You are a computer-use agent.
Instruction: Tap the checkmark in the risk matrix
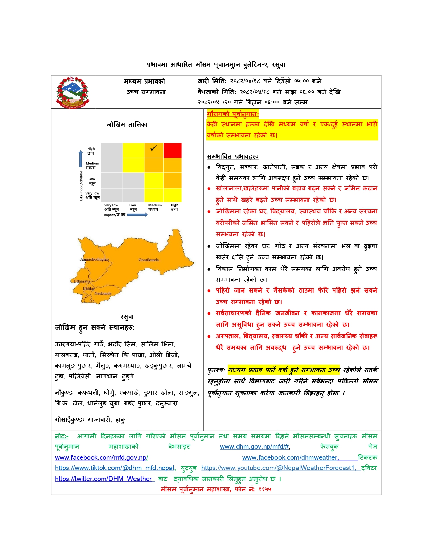pos(153,148)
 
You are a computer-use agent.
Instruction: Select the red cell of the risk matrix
pos(172,150)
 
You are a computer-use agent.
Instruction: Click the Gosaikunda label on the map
pos(148,260)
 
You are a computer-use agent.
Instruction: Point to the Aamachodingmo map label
pos(95,259)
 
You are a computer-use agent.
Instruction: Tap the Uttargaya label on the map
pos(82,281)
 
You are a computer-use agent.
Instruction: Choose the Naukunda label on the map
pos(103,293)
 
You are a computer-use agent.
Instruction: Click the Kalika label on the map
pos(88,289)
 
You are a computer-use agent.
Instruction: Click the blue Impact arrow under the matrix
pos(137,215)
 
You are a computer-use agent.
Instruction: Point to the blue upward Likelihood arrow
pos(80,159)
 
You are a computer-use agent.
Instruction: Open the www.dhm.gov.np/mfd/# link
pos(254,447)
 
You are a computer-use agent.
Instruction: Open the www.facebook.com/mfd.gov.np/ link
pos(101,458)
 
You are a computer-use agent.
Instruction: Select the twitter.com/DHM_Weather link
pos(103,479)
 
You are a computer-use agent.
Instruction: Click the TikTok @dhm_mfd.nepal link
pos(115,468)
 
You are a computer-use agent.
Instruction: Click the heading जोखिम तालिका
pos(127,124)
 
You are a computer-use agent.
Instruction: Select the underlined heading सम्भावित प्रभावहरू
pos(232,156)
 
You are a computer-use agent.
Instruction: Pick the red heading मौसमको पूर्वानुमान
pos(232,114)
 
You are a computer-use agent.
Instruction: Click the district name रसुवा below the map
pos(127,317)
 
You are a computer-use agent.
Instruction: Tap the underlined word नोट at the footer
pos(61,436)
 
